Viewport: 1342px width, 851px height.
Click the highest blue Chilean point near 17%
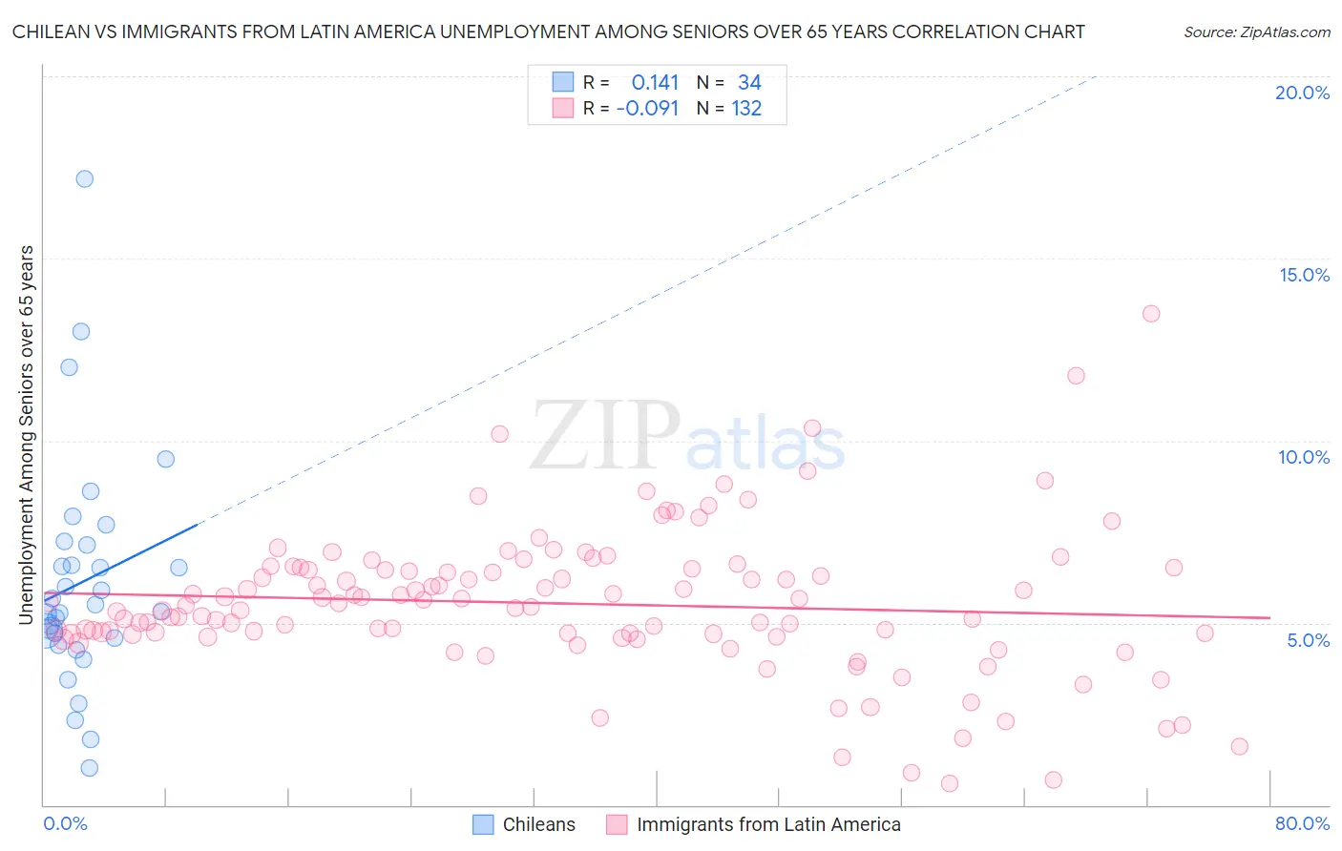click(x=85, y=178)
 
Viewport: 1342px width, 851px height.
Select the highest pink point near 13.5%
click(x=1150, y=314)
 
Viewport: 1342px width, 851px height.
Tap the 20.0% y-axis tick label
click(x=1302, y=93)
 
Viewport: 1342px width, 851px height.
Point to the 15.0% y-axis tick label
click(x=1304, y=275)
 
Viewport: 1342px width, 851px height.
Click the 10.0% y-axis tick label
click(x=1304, y=457)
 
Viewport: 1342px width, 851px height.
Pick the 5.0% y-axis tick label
click(x=1308, y=640)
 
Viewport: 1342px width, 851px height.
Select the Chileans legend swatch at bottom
click(x=484, y=825)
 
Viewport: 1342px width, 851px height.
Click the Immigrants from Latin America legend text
click(x=768, y=825)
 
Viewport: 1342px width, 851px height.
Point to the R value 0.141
click(x=655, y=83)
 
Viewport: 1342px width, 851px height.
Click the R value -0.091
click(x=647, y=109)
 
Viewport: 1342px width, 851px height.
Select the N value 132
click(x=746, y=109)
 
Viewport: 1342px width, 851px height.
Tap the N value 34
click(x=749, y=83)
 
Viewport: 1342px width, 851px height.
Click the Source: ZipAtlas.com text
click(x=1256, y=32)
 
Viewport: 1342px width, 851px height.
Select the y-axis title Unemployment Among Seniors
click(x=27, y=435)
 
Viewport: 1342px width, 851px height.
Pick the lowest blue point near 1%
click(x=89, y=768)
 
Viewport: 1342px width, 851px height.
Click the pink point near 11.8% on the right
click(x=1076, y=376)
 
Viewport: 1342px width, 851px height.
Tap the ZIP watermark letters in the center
click(x=605, y=437)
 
